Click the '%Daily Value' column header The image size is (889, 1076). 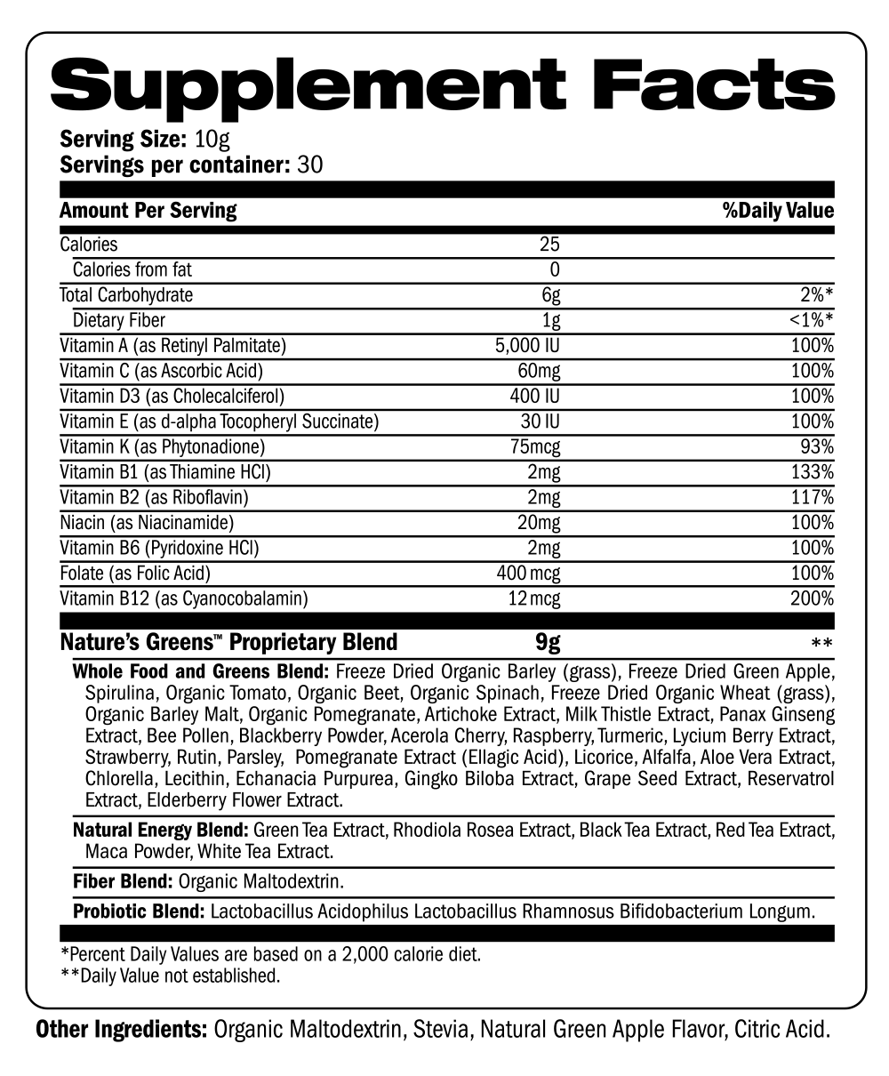(x=779, y=211)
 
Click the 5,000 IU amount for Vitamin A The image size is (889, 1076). (x=527, y=345)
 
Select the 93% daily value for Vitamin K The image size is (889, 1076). (x=816, y=446)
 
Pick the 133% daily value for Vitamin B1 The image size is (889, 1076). (x=812, y=471)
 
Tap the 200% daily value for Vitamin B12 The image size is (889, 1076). (x=812, y=598)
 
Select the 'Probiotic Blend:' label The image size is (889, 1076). (x=140, y=911)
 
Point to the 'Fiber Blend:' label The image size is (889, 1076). (x=123, y=882)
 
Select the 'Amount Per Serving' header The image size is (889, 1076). (x=148, y=211)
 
